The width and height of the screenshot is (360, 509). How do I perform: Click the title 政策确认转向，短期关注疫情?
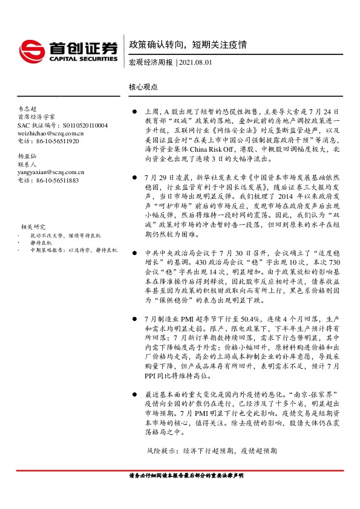[x=188, y=45]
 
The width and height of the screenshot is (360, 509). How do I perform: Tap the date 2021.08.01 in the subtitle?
[x=196, y=62]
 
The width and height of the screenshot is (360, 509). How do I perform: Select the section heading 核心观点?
[x=143, y=86]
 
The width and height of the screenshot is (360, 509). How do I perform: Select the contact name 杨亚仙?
[x=27, y=156]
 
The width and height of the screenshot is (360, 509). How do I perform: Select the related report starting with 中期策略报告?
[x=67, y=249]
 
